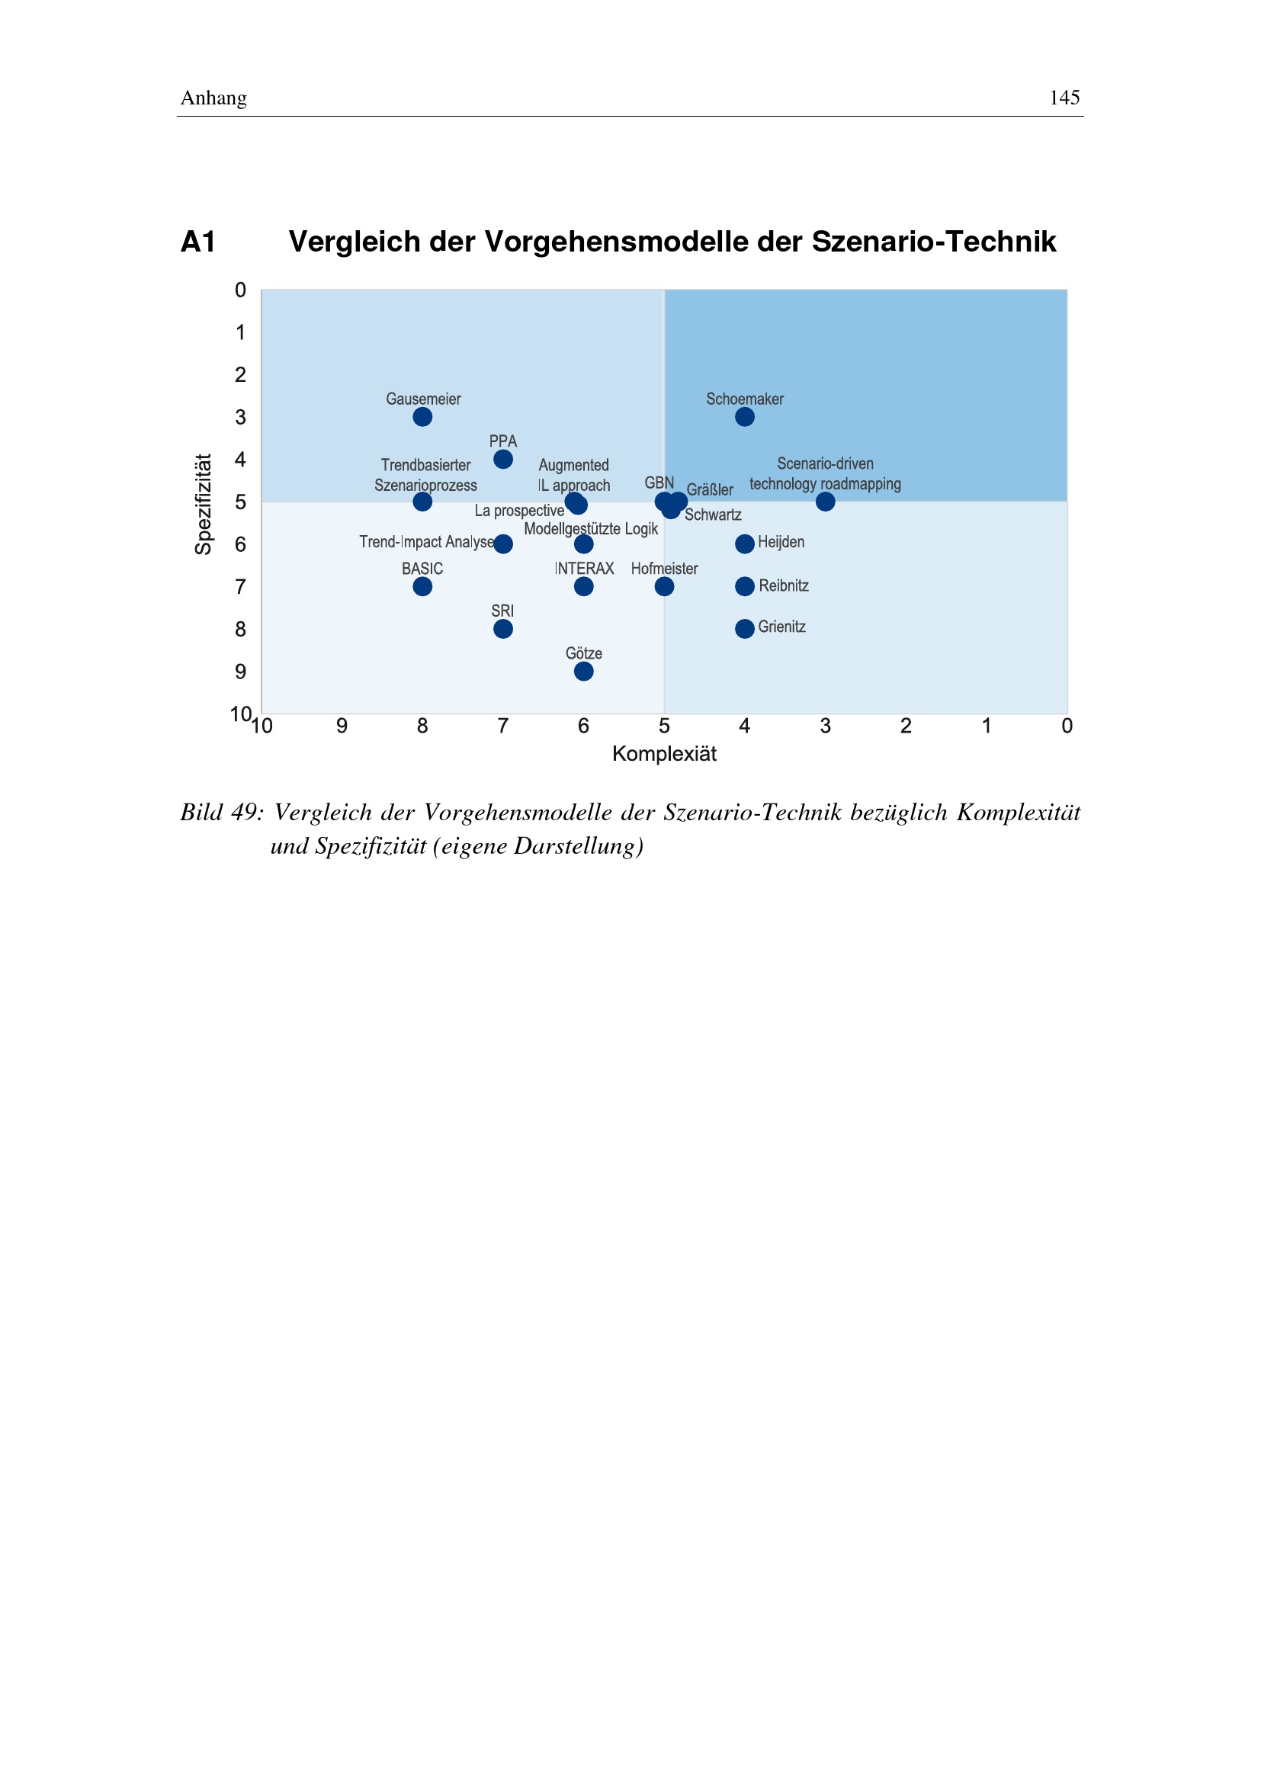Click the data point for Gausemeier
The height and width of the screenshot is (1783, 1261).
[422, 417]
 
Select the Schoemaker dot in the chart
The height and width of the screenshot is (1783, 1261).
[745, 417]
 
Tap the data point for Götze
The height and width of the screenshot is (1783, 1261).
[584, 671]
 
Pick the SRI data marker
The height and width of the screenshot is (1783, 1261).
[503, 629]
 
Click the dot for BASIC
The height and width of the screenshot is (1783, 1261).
[422, 586]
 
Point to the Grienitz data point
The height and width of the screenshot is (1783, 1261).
[745, 628]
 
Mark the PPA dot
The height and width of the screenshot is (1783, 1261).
[503, 460]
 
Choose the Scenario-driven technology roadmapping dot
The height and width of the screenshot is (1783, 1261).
[826, 502]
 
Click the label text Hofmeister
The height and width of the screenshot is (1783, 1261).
[665, 569]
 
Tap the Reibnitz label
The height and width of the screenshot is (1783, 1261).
[784, 585]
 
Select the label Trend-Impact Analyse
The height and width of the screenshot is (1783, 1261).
[426, 542]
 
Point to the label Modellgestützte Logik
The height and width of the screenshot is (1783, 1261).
[591, 529]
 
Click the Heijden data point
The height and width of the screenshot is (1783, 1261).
[745, 544]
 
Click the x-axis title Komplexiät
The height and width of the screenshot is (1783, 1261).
[665, 754]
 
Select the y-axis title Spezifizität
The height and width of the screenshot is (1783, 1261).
[204, 504]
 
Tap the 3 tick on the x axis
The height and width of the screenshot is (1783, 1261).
[826, 726]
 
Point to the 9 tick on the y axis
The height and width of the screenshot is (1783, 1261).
[241, 672]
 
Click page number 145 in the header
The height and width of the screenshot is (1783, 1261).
[1064, 97]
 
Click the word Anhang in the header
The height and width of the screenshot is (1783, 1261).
[213, 98]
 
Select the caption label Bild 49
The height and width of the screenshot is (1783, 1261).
[222, 813]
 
